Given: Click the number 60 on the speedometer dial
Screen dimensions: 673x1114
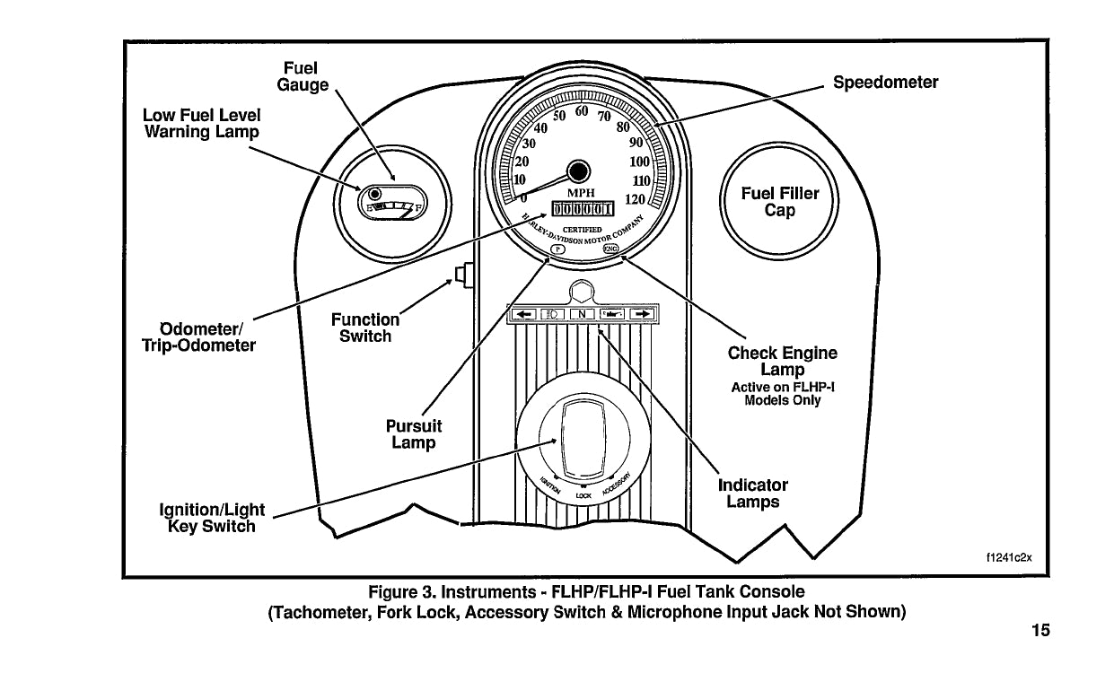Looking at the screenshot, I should coord(581,111).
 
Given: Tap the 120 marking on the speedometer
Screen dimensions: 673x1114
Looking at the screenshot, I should coord(636,199).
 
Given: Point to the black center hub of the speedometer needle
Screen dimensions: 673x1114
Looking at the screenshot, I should coord(579,170).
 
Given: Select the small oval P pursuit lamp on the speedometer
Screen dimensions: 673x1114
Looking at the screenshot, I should coord(554,250).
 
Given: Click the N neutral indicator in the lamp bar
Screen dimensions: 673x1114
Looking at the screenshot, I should coord(583,314).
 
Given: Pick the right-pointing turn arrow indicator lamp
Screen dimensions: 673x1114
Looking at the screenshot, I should coord(641,314).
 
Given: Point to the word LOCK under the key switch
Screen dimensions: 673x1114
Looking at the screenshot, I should coord(583,495).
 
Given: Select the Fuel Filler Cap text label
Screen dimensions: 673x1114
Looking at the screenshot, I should coord(779,202).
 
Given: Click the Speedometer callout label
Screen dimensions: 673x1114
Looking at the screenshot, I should coord(885,83).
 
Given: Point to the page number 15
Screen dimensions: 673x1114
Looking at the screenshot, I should coord(1039,630).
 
